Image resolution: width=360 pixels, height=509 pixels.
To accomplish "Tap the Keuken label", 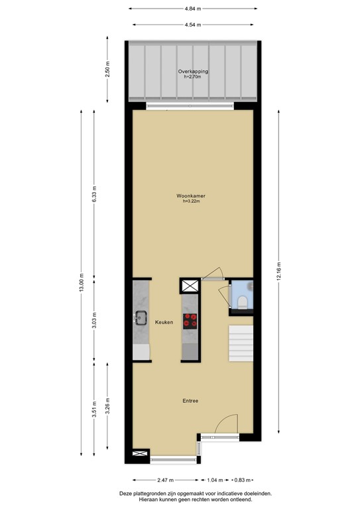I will [x=164, y=322].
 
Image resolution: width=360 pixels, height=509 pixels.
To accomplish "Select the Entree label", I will [x=191, y=400].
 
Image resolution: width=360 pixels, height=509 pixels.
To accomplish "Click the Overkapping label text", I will [x=193, y=72].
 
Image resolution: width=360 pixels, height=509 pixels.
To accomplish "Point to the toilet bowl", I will [x=242, y=303].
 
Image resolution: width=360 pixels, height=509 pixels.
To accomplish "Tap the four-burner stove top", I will [x=190, y=320].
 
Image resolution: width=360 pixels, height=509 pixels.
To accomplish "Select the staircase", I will [x=241, y=343].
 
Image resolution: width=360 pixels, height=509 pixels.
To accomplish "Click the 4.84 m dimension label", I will [x=193, y=9].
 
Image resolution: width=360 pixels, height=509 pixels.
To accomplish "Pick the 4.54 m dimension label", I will [x=193, y=25].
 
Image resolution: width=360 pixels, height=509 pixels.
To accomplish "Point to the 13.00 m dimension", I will [x=81, y=285].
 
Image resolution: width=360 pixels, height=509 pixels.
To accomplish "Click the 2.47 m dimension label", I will [x=165, y=479].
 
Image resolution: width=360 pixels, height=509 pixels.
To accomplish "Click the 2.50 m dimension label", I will [x=108, y=70].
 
